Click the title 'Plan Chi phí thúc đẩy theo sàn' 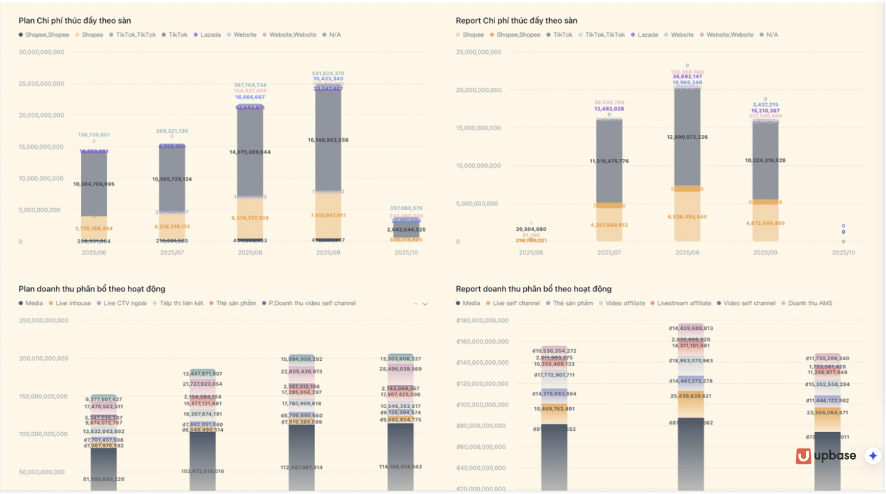click(x=75, y=20)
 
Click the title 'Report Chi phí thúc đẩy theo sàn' click(x=516, y=20)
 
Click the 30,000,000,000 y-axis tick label click(x=41, y=52)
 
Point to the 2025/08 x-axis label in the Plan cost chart click(x=250, y=253)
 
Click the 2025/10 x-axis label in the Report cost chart click(x=843, y=253)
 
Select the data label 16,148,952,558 click(x=328, y=140)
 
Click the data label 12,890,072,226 click(x=687, y=137)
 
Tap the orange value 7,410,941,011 click(x=328, y=215)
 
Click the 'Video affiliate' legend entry click(x=625, y=303)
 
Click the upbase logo click(x=826, y=456)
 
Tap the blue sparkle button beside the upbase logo click(x=873, y=456)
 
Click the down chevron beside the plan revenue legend click(x=425, y=304)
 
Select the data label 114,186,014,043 click(x=401, y=467)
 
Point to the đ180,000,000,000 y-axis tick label click(x=482, y=320)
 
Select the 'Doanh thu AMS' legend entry click(x=810, y=303)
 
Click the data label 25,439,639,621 click(x=691, y=396)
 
